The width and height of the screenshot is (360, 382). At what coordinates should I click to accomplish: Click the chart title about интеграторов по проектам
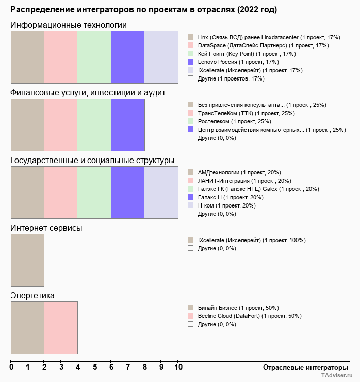click(143, 10)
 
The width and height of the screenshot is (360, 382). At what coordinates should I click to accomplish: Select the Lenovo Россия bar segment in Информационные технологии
click(127, 57)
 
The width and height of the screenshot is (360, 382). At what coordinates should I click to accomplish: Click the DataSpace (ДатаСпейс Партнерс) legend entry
click(263, 45)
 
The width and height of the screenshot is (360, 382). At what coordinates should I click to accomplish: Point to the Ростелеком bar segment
click(94, 124)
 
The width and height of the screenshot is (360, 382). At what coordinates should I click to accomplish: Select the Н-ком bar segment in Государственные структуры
click(161, 192)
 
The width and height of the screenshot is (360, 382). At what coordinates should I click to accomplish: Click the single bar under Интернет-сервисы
click(27, 260)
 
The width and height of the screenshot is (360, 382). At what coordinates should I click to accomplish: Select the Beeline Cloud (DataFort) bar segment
click(60, 327)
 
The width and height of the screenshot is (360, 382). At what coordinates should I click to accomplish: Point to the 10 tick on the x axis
click(178, 367)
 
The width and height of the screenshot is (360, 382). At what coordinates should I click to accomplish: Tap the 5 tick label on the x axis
click(95, 367)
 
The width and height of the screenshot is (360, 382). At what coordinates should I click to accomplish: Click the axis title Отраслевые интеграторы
click(302, 367)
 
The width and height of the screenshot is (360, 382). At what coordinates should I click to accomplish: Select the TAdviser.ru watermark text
click(337, 376)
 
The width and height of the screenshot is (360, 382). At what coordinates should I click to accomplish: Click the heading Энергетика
click(32, 295)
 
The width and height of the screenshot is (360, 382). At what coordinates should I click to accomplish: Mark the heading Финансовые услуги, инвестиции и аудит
click(88, 92)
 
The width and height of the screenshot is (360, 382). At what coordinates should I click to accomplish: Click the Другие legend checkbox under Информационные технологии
click(190, 78)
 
